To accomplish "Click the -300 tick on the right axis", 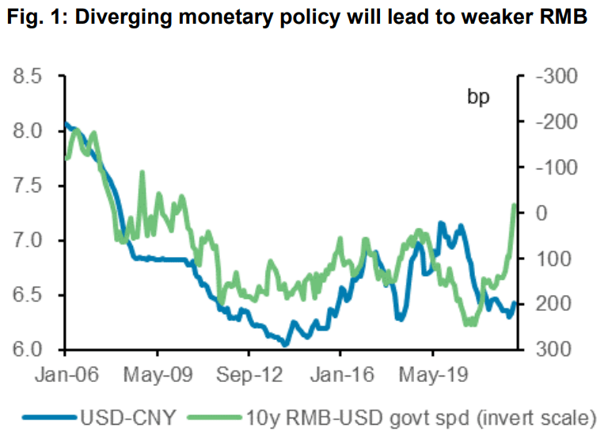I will pos(552,77).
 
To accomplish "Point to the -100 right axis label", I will pos(552,168).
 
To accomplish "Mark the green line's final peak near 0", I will pos(514,205).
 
